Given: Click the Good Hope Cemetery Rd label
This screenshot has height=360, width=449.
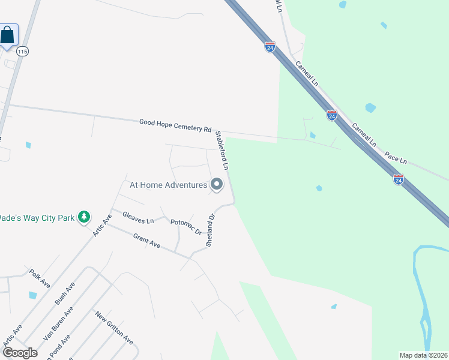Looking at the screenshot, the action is [175, 125].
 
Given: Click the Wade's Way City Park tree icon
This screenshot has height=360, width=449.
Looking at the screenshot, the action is [85, 217].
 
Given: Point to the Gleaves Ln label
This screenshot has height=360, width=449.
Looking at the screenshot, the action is [138, 217].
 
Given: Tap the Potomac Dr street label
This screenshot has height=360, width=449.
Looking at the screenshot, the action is [185, 227].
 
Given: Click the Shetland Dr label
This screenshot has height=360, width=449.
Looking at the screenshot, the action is [210, 231].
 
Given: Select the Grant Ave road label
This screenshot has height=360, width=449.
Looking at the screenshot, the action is [146, 242].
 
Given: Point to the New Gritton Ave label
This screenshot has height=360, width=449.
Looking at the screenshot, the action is [113, 327].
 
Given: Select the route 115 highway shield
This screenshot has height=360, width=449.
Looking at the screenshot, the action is [23, 52].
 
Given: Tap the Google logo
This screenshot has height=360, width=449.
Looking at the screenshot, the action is [20, 353].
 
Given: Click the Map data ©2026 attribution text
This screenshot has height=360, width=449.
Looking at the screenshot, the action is [423, 355].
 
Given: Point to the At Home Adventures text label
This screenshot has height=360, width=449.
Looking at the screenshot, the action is [168, 185].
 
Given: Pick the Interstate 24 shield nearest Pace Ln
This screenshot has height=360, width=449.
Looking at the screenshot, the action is [399, 179].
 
